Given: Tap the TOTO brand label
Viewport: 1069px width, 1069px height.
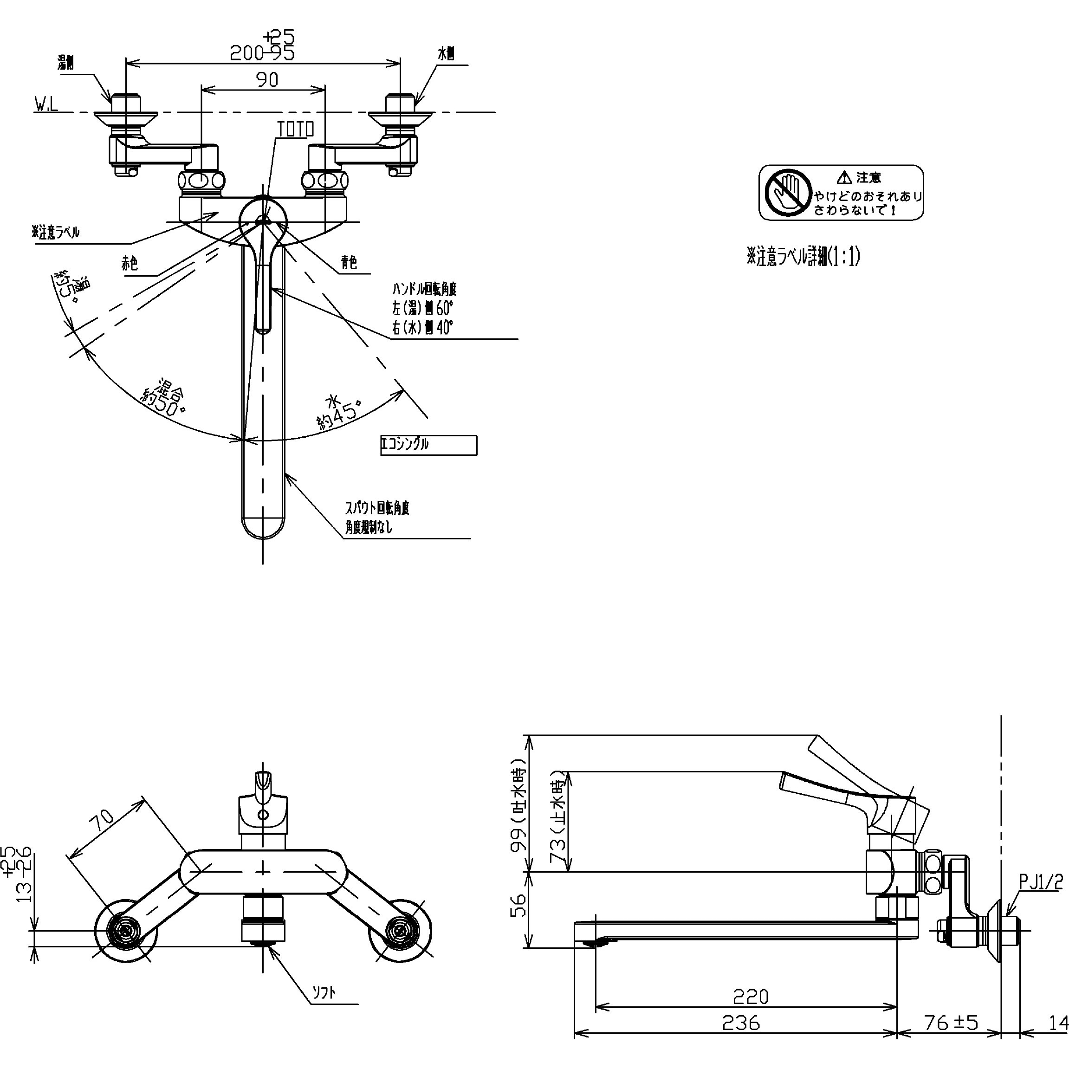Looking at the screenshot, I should tap(295, 130).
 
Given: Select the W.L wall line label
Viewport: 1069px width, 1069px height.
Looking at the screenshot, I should tap(46, 104).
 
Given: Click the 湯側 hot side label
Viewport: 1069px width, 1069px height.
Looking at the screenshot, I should tap(66, 63).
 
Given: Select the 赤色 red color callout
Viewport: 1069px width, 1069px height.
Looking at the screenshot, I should tap(130, 263).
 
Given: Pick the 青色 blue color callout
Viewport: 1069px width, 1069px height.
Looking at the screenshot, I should tap(349, 262).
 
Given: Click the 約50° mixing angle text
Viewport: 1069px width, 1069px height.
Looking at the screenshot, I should tap(164, 398).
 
